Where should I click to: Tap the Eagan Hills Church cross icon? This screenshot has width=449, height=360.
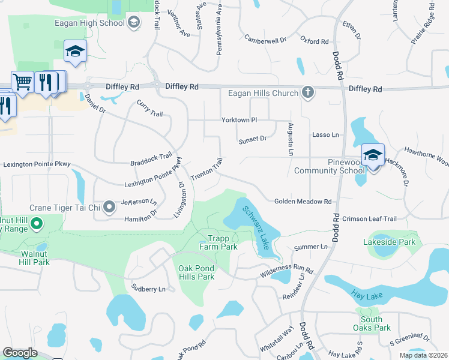pos(308,92)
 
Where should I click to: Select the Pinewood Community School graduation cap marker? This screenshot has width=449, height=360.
pos(373,155)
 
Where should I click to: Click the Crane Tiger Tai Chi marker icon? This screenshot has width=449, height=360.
pos(109,208)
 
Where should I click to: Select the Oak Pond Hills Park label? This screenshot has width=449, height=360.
pos(196,272)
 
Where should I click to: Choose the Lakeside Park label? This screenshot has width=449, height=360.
pos(389,242)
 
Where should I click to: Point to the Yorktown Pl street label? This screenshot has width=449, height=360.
pos(239,120)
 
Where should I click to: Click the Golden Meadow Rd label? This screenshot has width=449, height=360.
pos(303,202)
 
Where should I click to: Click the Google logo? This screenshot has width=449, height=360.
pos(20,353)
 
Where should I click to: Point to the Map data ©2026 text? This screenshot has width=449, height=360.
pos(423,355)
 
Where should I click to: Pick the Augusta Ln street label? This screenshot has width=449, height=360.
pos(290,139)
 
